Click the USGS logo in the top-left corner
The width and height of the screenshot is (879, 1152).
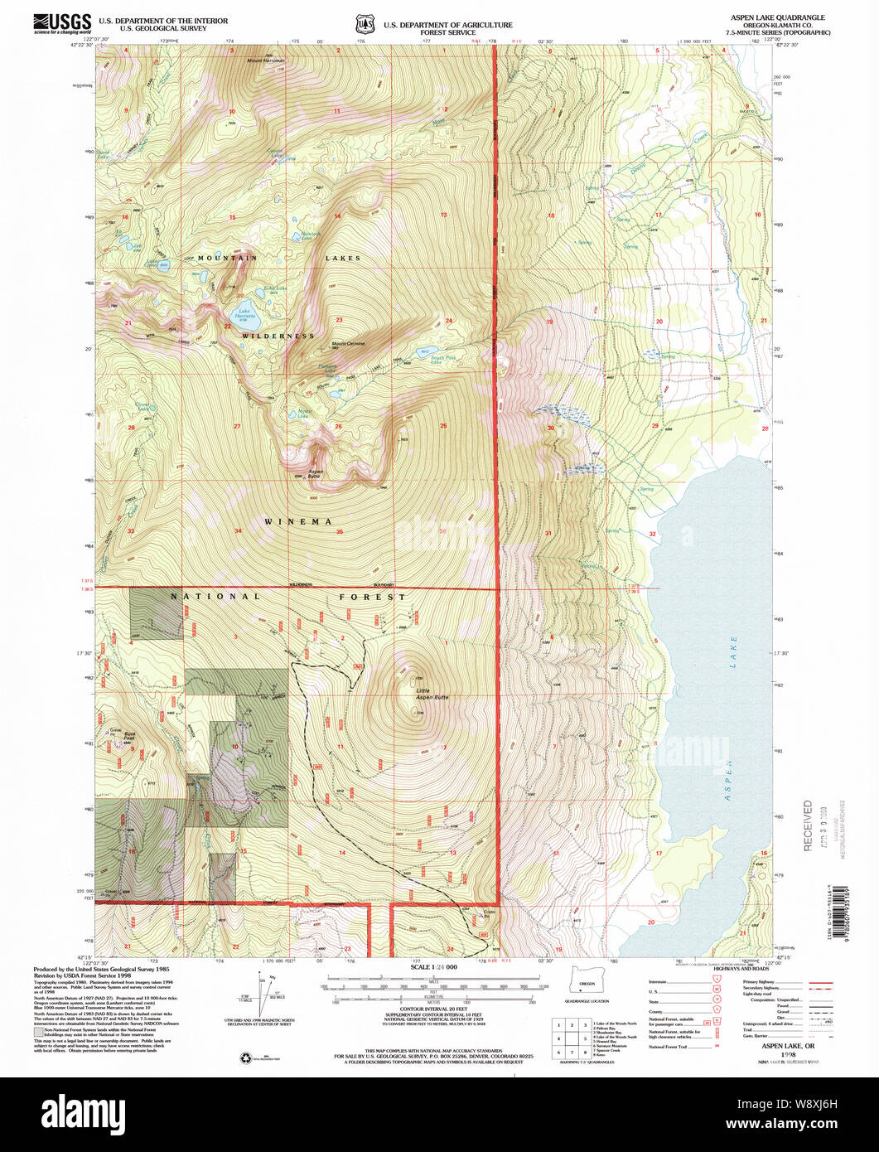(62, 22)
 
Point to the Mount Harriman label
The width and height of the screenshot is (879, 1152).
(266, 61)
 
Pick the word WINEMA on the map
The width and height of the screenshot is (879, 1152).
(298, 521)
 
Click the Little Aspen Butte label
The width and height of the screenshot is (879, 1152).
(431, 695)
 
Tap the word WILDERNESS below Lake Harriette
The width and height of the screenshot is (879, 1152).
(278, 336)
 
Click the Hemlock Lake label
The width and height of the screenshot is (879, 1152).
(308, 234)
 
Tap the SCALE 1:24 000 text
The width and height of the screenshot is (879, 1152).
(432, 967)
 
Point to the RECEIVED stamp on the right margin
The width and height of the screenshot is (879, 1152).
(808, 825)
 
